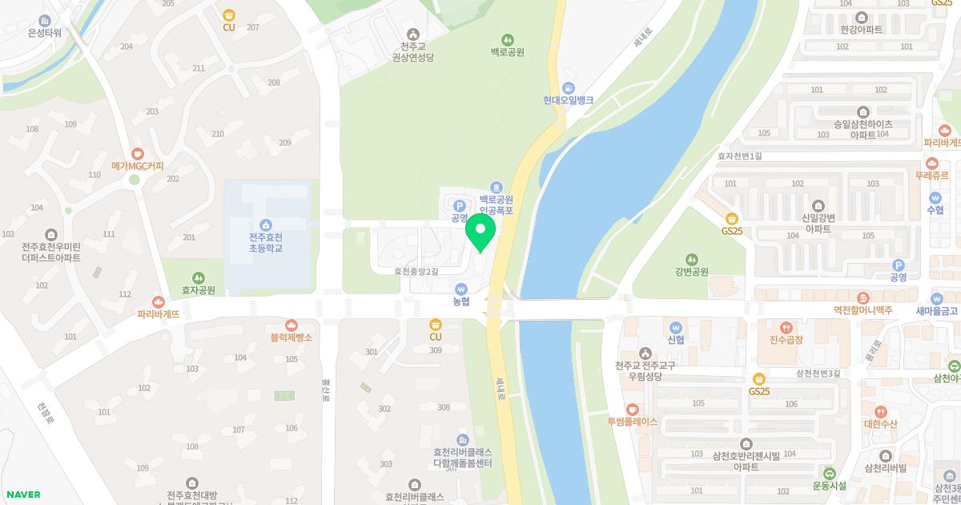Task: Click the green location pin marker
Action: tap(480, 232)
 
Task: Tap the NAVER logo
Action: tap(22, 495)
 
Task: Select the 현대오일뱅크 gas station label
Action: tap(568, 100)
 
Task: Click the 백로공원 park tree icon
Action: tap(507, 39)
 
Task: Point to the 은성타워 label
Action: tap(44, 32)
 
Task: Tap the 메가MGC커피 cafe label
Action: tap(138, 166)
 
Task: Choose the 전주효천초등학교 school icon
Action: tap(265, 225)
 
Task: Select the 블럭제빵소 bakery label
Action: tap(291, 337)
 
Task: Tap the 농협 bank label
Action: tap(460, 301)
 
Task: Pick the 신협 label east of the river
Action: tap(676, 339)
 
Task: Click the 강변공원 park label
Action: tap(691, 272)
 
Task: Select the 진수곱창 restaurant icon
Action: tap(787, 327)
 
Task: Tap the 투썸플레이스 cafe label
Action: tap(632, 421)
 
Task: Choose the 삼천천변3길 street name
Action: tap(818, 373)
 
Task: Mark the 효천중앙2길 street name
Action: tap(416, 272)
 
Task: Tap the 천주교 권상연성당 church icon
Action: tap(412, 34)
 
